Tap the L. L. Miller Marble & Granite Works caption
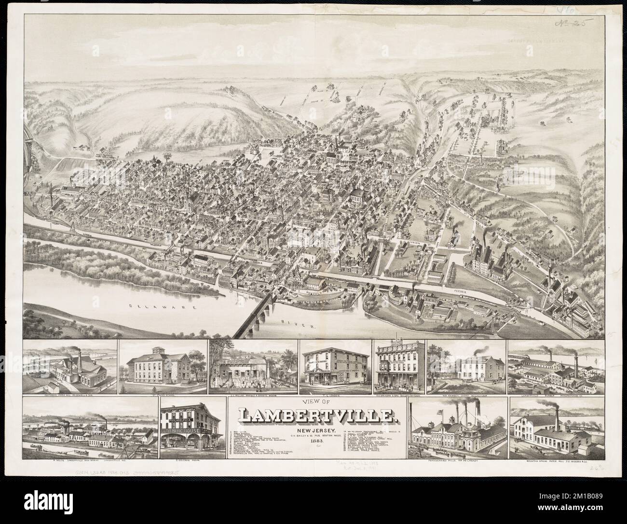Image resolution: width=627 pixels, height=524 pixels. pyautogui.click(x=251, y=395)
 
